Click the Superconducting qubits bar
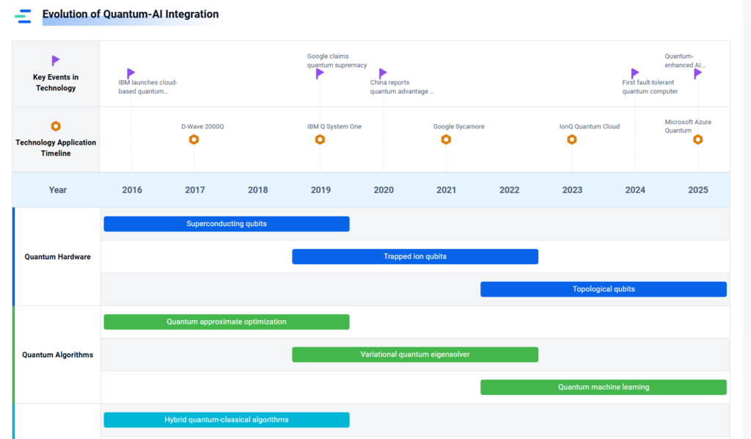click(227, 224)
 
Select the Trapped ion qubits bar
click(415, 256)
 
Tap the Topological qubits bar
click(604, 289)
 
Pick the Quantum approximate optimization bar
click(227, 322)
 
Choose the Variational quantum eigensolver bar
click(415, 355)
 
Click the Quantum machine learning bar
click(604, 387)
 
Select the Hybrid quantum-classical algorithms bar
click(227, 420)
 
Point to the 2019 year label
click(320, 190)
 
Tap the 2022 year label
click(509, 190)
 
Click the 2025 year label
click(698, 190)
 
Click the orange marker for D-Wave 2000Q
click(194, 139)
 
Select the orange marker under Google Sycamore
click(446, 139)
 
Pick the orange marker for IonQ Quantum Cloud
click(572, 139)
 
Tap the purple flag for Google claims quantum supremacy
click(320, 73)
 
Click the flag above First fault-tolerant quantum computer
click(635, 73)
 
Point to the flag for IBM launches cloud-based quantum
click(131, 73)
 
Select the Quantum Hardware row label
click(57, 257)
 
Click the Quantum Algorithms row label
click(57, 355)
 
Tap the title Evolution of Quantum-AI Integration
click(131, 15)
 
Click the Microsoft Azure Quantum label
click(688, 126)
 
